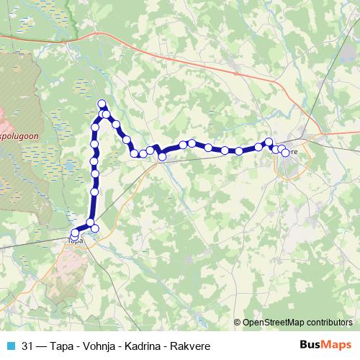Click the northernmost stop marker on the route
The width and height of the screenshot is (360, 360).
coord(102,104)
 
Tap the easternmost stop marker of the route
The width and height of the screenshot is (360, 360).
coord(285,153)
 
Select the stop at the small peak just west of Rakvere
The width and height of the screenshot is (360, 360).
coord(269,143)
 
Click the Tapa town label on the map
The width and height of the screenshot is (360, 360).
coord(75,241)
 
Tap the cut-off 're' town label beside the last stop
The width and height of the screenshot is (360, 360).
coord(294,151)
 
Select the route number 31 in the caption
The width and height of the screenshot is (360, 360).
coord(28,345)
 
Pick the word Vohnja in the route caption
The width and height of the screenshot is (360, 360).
coord(90,345)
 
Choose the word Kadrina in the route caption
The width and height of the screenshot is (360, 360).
coord(133,345)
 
